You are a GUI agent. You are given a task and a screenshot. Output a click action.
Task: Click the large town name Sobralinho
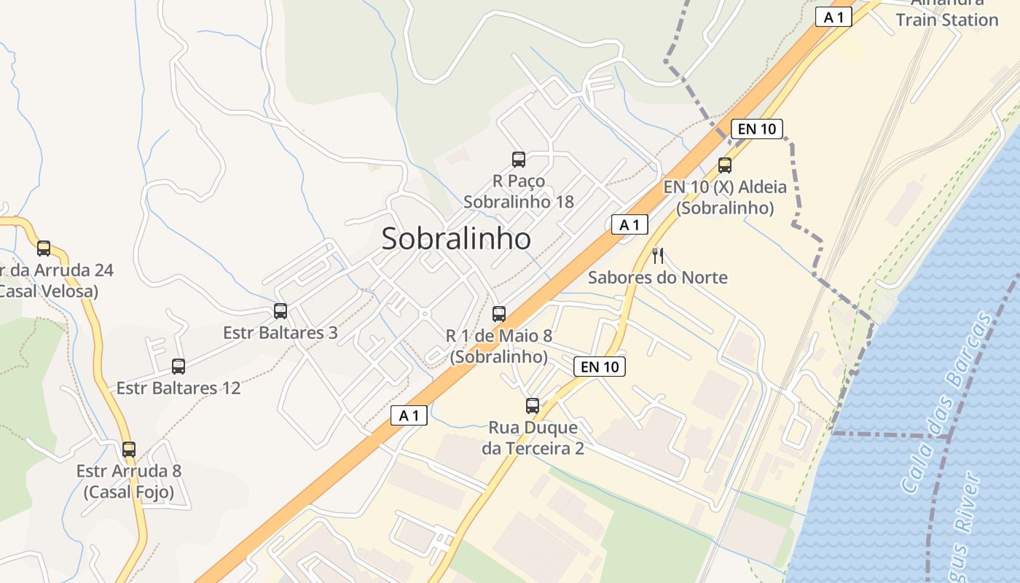point(456,238)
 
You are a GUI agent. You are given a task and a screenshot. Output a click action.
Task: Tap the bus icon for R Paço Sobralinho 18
point(519,159)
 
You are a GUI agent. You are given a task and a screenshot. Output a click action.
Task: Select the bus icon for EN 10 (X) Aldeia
point(724,165)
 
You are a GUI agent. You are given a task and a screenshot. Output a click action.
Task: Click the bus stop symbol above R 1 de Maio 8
point(499,314)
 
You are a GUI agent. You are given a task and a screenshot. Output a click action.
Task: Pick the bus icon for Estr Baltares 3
point(280,311)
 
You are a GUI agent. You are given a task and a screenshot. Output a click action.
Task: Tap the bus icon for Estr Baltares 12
point(178,367)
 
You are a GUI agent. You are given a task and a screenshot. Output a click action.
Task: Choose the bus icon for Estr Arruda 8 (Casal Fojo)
point(129,450)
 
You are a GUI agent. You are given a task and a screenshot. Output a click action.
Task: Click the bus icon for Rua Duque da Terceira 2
point(533,406)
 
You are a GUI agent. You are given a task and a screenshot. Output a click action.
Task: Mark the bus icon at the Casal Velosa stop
point(44,249)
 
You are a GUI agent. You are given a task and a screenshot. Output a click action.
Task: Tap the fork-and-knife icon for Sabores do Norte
point(658,255)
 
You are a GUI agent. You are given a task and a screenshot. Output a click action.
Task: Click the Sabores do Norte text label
point(657,278)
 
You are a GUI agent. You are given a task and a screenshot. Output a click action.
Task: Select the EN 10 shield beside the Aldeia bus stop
point(756,129)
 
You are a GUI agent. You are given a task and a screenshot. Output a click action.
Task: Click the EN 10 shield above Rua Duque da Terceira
point(600,367)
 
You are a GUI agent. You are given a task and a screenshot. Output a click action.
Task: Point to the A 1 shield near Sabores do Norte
point(629,225)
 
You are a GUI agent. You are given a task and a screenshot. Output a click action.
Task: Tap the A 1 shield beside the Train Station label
point(833,17)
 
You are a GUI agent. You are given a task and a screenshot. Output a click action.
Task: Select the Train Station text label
point(946,20)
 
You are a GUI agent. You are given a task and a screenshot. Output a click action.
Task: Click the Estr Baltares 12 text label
point(178,388)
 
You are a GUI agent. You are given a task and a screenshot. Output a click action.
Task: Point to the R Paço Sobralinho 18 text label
point(519,191)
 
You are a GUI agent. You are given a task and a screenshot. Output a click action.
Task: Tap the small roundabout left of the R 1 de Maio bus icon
point(425,314)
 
